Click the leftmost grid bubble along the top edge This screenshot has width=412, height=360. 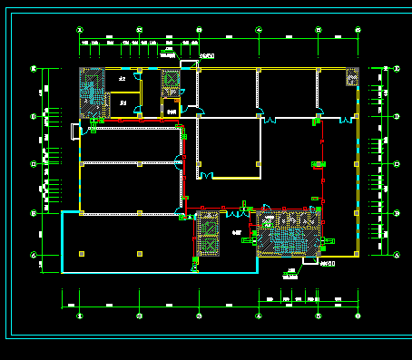click(x=79, y=30)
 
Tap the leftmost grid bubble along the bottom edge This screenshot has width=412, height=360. click(x=79, y=316)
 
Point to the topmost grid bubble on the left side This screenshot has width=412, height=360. click(x=34, y=69)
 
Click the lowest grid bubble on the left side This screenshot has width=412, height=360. click(x=34, y=257)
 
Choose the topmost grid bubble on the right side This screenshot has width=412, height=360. click(x=397, y=69)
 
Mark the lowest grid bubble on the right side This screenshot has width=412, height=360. click(x=397, y=257)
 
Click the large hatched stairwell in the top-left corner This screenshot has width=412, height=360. click(x=92, y=92)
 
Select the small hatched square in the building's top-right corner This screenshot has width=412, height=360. click(x=351, y=77)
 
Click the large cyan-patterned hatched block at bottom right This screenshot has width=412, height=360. click(x=288, y=232)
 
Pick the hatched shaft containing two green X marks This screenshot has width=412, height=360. click(x=208, y=234)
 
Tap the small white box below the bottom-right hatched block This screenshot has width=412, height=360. click(x=309, y=264)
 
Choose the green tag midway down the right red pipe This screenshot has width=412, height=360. click(x=319, y=164)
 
